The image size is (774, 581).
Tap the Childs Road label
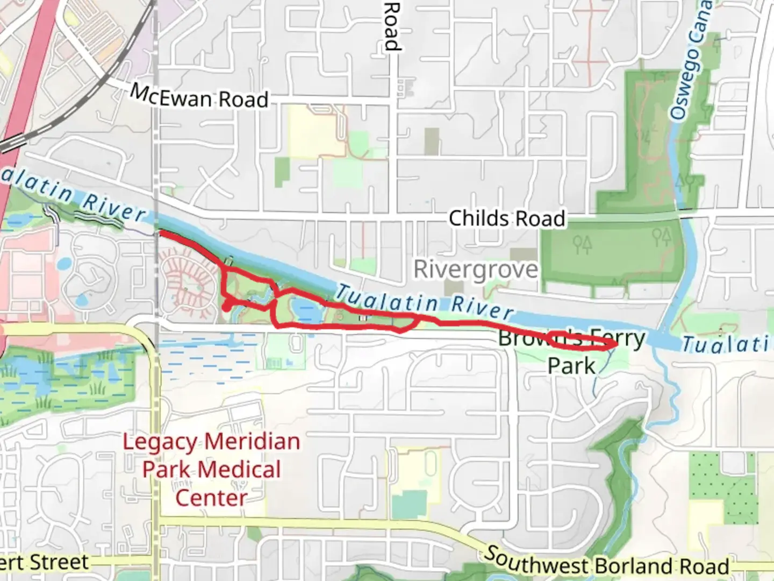(506, 218)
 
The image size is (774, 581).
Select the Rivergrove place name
(475, 269)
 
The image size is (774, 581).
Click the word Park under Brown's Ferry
(571, 366)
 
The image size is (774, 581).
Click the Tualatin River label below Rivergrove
(425, 303)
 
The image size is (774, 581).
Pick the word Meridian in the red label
(252, 442)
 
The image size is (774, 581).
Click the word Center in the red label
(211, 498)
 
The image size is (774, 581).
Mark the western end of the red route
(160, 232)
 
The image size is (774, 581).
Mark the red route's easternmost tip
(613, 344)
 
